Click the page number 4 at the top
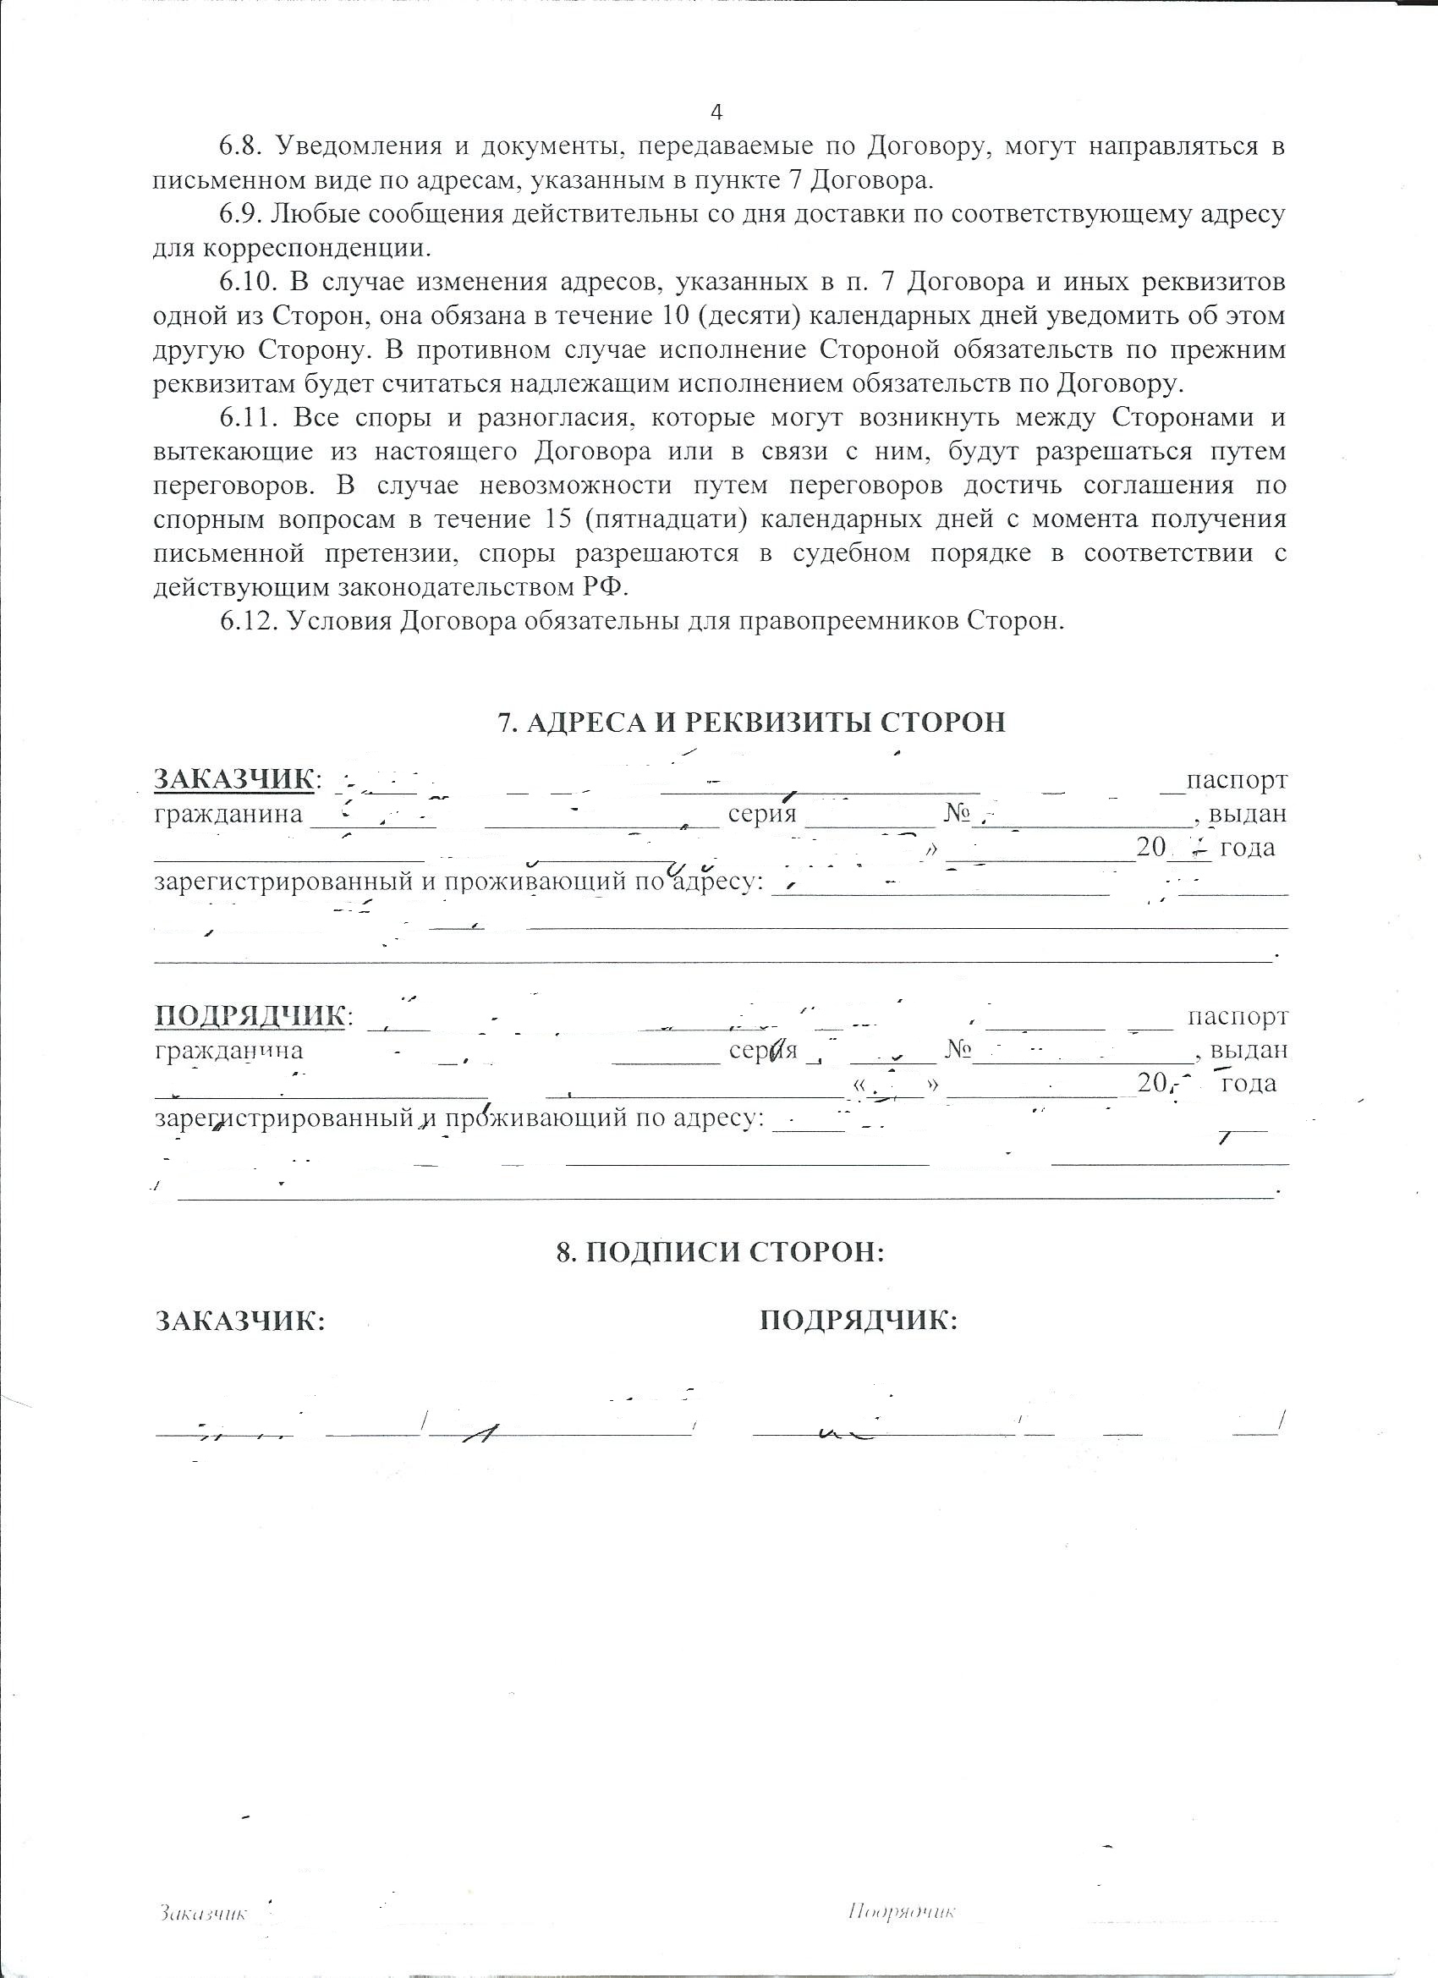point(716,112)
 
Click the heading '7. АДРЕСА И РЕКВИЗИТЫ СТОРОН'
point(751,723)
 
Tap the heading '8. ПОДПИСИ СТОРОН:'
point(721,1253)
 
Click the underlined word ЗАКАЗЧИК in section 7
point(233,779)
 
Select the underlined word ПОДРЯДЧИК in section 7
point(250,1017)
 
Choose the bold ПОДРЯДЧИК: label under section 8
point(859,1346)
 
